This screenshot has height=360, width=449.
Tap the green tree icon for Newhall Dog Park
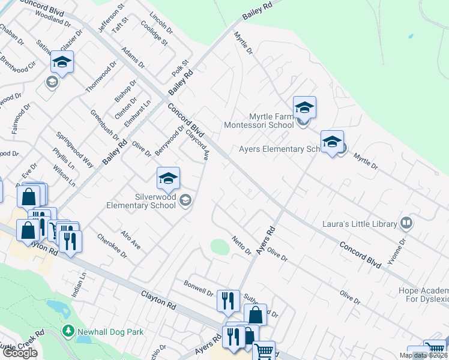68,331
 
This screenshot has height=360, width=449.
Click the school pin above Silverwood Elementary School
169,178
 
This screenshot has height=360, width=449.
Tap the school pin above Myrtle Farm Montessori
304,107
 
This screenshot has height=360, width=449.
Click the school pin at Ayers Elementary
332,142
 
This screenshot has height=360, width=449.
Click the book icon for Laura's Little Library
406,224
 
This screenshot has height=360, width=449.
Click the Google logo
20,353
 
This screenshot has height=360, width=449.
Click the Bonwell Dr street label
199,289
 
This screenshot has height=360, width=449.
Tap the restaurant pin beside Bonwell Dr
228,300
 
